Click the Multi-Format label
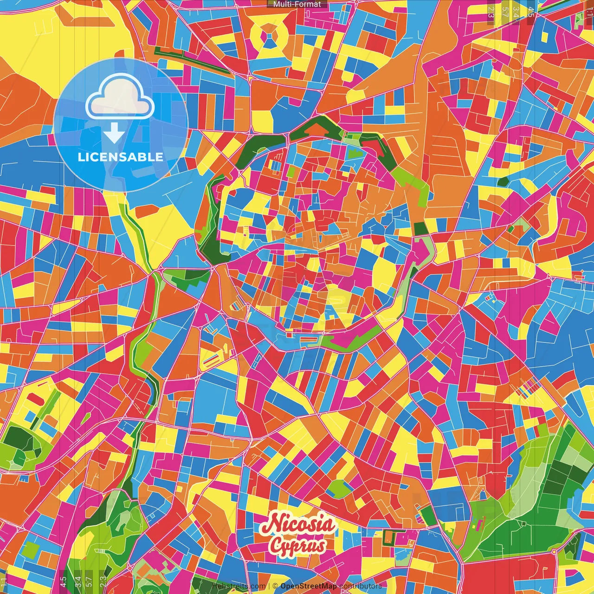[x=297, y=4]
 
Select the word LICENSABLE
[x=121, y=157]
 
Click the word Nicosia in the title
[x=297, y=524]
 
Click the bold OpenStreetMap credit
[x=309, y=586]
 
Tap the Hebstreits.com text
[x=239, y=586]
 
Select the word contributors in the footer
[x=361, y=586]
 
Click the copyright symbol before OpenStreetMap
[x=275, y=586]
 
